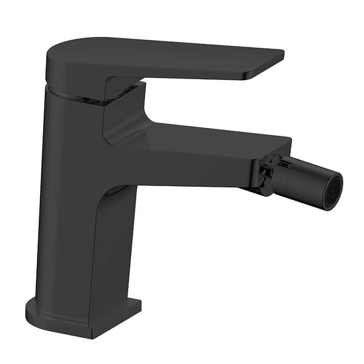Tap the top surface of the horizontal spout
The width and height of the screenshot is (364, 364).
pos(205,136)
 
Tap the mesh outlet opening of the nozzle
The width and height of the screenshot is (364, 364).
pos(336,188)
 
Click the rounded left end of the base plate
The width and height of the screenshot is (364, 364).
pos(31,309)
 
